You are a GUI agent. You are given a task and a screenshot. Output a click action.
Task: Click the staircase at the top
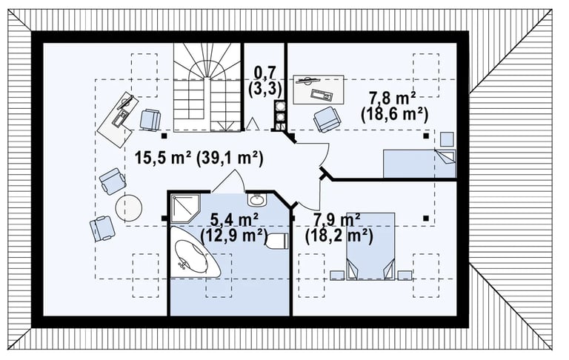[x=207, y=87]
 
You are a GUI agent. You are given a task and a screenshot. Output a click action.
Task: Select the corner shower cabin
[x=184, y=208]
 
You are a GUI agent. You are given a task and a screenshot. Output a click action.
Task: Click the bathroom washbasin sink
[x=257, y=199]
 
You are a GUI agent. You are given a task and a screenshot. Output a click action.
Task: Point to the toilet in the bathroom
[x=278, y=241]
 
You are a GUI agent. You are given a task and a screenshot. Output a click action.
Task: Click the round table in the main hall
[x=128, y=208]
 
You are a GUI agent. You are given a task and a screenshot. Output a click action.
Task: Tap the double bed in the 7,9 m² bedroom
[x=370, y=247]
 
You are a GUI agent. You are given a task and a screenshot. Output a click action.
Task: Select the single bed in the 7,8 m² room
[x=419, y=163]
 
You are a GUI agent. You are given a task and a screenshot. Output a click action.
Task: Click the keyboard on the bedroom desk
[x=322, y=96]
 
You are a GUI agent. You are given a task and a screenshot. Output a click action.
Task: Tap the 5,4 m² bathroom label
[x=234, y=219]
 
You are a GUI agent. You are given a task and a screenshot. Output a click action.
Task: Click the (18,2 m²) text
[x=339, y=236]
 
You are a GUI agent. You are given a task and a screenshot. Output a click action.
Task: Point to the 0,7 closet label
[x=264, y=73]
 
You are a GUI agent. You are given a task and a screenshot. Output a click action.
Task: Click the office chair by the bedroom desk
[x=327, y=119]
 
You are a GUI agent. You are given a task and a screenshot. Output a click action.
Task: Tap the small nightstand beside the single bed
[x=447, y=139]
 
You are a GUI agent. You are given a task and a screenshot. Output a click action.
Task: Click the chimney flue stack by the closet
[x=280, y=116]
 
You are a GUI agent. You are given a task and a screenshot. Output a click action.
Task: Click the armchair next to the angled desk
[x=150, y=119]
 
